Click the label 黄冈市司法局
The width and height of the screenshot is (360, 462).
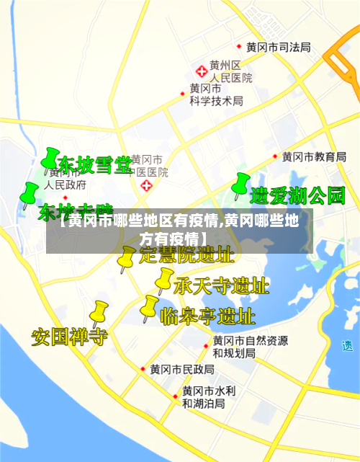coord(278,47)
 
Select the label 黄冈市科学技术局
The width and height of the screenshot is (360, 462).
coord(216,94)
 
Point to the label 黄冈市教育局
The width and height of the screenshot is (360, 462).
coord(314,156)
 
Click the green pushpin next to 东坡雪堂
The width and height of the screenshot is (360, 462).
coord(50,159)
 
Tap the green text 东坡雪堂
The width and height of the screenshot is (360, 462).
coord(95,165)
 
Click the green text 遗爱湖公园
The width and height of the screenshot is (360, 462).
coord(297,195)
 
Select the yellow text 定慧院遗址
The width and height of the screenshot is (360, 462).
coord(186,254)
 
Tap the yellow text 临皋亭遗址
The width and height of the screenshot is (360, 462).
coord(207,316)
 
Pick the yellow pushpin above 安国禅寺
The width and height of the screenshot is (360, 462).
coord(98,312)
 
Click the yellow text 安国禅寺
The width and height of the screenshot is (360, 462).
coord(69,336)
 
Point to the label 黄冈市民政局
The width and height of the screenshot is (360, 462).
coord(181,369)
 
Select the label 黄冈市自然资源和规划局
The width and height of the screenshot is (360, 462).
coord(250,347)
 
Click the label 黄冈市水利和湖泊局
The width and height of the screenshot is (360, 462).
coord(208,397)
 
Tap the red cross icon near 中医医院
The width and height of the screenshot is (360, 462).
coord(148,186)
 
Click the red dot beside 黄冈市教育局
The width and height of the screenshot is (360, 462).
coord(275,156)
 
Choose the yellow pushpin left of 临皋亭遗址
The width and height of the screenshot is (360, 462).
coord(149,306)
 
